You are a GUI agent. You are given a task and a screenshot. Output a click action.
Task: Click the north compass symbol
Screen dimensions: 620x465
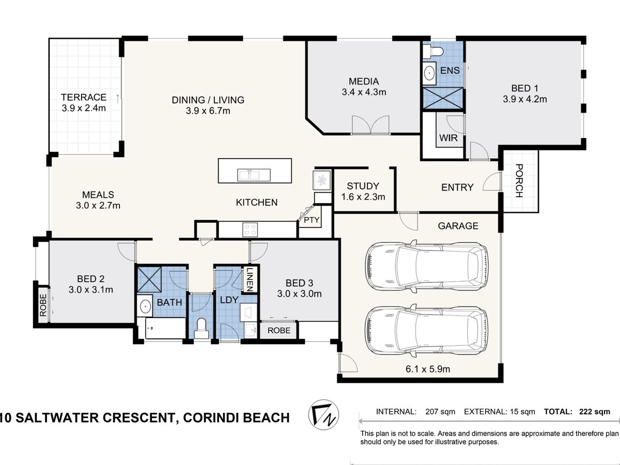[323, 414]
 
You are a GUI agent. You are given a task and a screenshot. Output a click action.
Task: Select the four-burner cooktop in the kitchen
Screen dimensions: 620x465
[250, 229]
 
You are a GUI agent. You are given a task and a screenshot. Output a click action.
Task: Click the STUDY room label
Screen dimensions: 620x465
[363, 186]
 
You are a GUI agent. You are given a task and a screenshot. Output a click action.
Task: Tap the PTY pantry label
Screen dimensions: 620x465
[312, 220]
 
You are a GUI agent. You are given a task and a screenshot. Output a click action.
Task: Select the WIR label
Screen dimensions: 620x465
[448, 138]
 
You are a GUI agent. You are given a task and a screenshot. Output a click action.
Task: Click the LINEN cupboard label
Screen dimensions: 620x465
[250, 280]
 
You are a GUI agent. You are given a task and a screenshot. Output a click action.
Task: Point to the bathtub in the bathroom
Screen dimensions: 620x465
[165, 328]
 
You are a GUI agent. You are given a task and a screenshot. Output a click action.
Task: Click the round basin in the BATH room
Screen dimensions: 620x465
[145, 305]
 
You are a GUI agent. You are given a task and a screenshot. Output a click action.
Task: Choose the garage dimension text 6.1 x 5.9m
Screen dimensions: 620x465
[428, 369]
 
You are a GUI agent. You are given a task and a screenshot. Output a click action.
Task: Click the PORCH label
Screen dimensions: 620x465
[519, 181]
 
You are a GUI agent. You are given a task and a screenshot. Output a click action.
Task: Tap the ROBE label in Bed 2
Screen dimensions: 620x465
[43, 305]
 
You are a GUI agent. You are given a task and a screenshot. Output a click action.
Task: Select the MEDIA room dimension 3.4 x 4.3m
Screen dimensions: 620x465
[364, 92]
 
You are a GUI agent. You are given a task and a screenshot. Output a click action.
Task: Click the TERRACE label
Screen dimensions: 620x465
[84, 97]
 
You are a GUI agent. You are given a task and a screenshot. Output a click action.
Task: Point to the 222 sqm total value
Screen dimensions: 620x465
[595, 412]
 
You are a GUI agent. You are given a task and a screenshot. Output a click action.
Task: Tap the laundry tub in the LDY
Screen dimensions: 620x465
[249, 312]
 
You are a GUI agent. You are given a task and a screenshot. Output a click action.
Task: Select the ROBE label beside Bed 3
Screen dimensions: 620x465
[279, 330]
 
